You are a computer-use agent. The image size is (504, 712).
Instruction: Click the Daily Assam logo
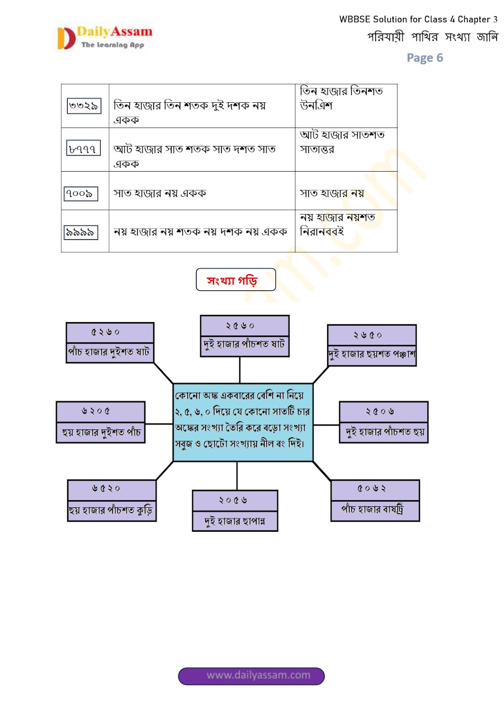(x=105, y=37)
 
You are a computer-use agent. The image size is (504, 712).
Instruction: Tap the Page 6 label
(x=425, y=58)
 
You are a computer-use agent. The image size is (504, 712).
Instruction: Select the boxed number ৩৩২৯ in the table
(x=84, y=106)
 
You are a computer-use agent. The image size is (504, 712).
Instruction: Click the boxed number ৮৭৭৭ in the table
(x=83, y=149)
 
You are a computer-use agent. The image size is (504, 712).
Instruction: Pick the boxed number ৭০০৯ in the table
(x=81, y=194)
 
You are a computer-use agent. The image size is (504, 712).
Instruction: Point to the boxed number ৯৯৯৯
(x=81, y=232)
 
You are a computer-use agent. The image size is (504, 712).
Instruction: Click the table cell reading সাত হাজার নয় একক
(x=160, y=193)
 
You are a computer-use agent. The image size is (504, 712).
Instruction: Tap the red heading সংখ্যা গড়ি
(x=232, y=280)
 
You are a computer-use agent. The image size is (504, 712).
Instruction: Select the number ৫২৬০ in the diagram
(x=106, y=332)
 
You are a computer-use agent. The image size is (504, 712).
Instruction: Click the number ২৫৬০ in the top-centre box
(x=240, y=326)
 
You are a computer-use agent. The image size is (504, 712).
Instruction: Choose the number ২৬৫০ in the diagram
(x=368, y=335)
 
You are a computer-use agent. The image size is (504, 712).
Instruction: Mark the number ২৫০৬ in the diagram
(x=380, y=412)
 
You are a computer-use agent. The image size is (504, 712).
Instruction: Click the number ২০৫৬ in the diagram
(x=233, y=500)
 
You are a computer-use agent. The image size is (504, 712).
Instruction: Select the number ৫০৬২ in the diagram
(x=372, y=488)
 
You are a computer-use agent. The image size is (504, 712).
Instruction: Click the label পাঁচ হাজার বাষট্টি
(x=373, y=509)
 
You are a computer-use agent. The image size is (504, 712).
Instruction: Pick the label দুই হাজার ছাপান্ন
(x=234, y=521)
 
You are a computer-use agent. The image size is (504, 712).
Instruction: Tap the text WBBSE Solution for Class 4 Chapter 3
(x=418, y=20)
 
